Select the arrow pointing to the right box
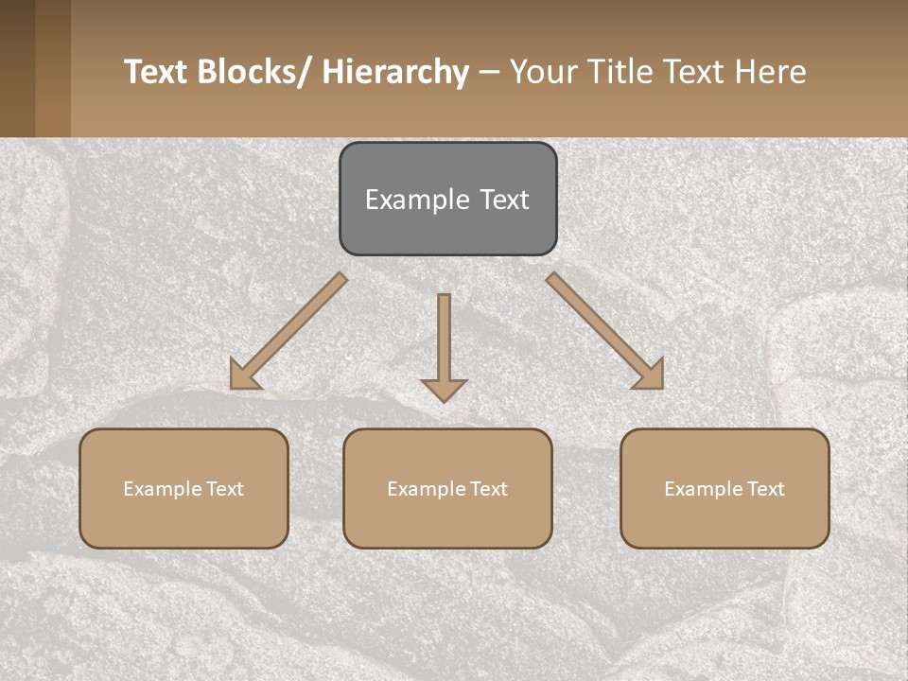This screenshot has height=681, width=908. (605, 331)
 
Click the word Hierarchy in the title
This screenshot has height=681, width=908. (395, 72)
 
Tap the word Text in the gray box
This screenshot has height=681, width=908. (502, 200)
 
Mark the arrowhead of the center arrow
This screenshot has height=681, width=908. (444, 390)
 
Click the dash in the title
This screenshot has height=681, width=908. (489, 73)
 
